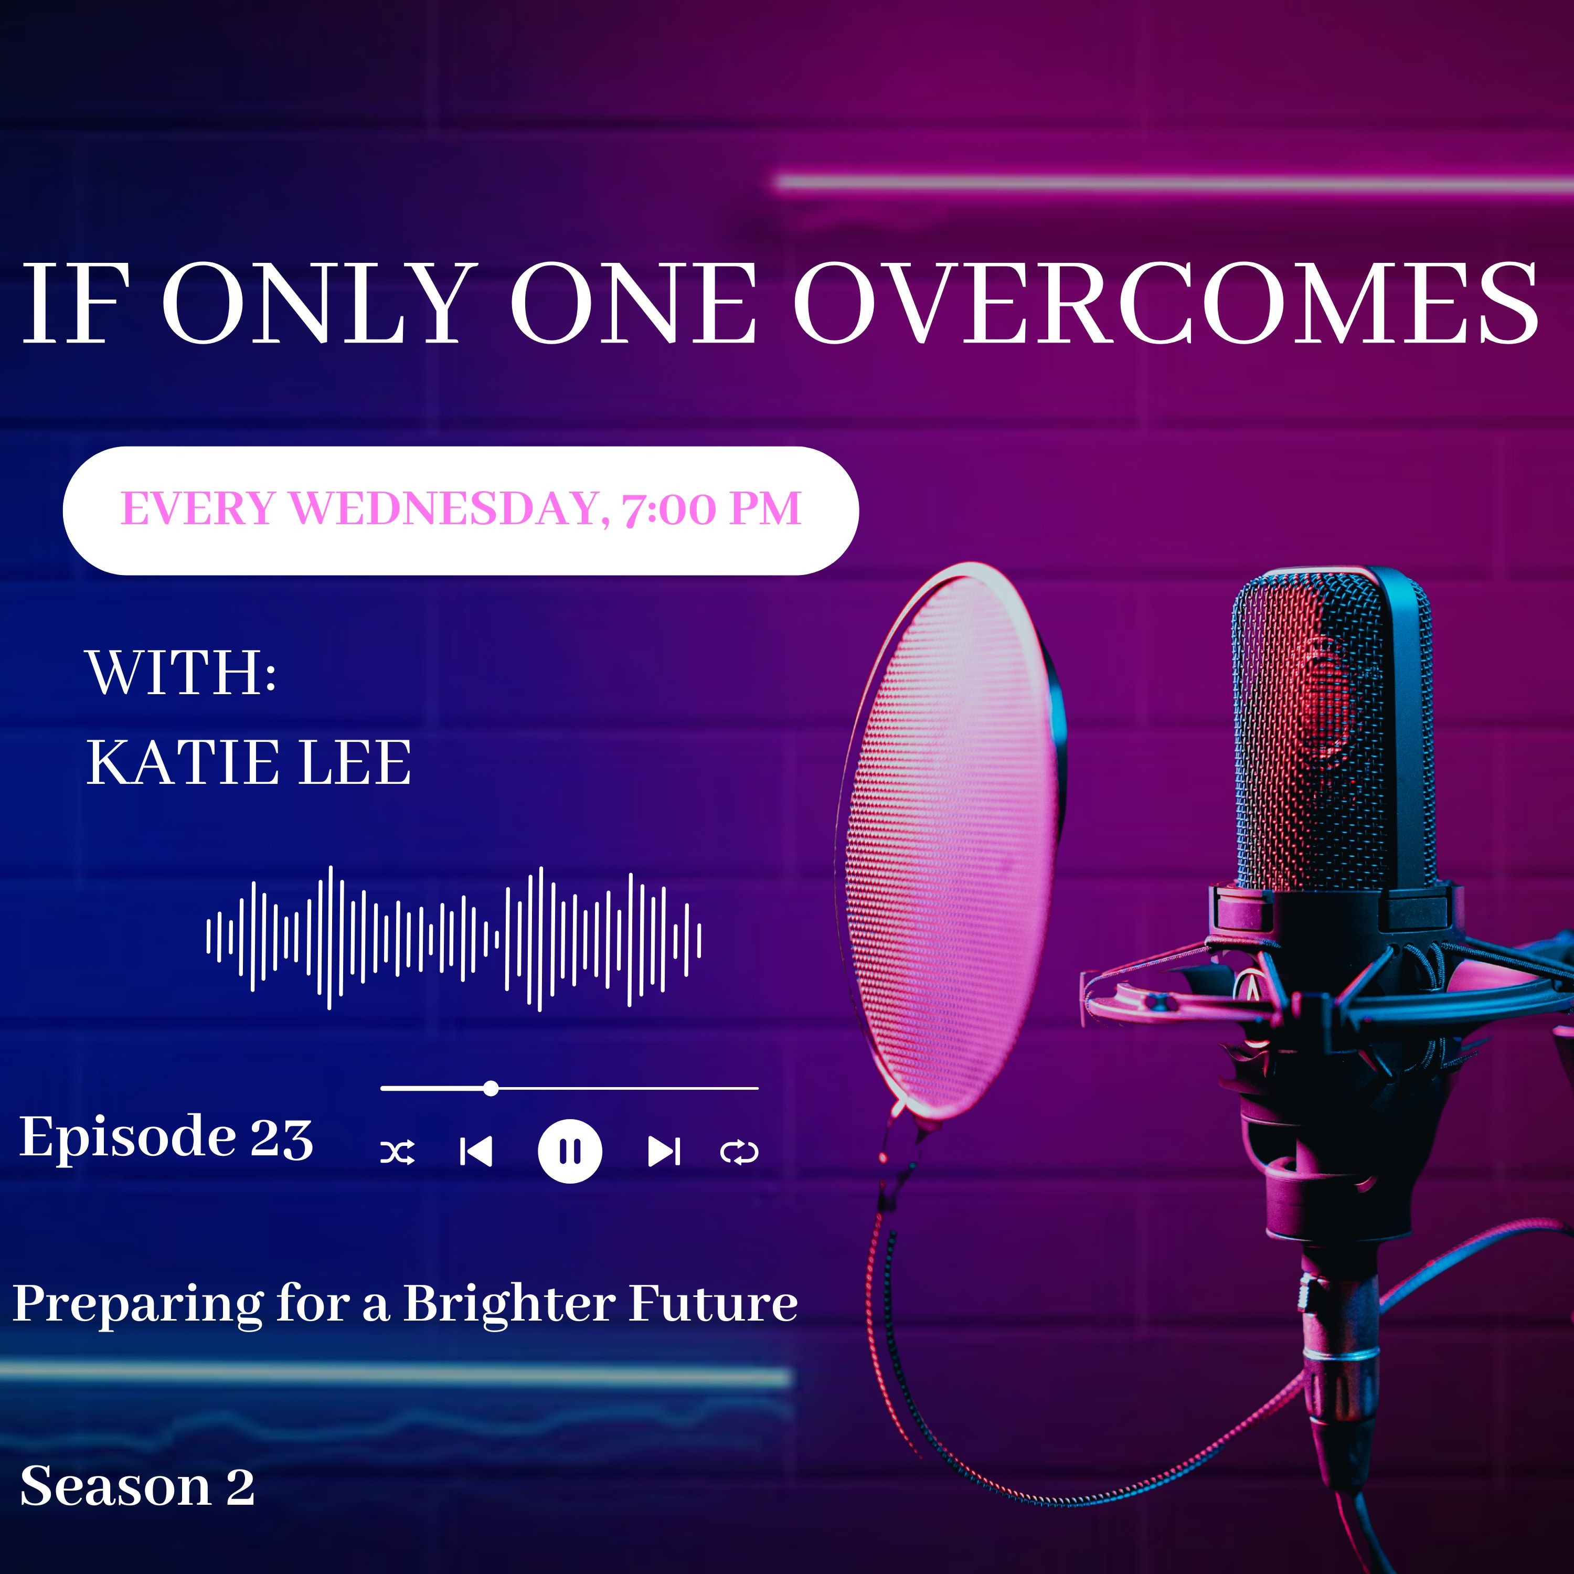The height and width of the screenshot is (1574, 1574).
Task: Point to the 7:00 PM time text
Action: pos(711,509)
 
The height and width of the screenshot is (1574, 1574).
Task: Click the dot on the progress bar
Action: pos(491,1088)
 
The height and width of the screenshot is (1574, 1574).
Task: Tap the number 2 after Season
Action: pos(240,1487)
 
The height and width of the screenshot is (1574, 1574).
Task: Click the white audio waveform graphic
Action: pos(454,938)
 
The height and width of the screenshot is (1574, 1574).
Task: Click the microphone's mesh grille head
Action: pos(1334,733)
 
